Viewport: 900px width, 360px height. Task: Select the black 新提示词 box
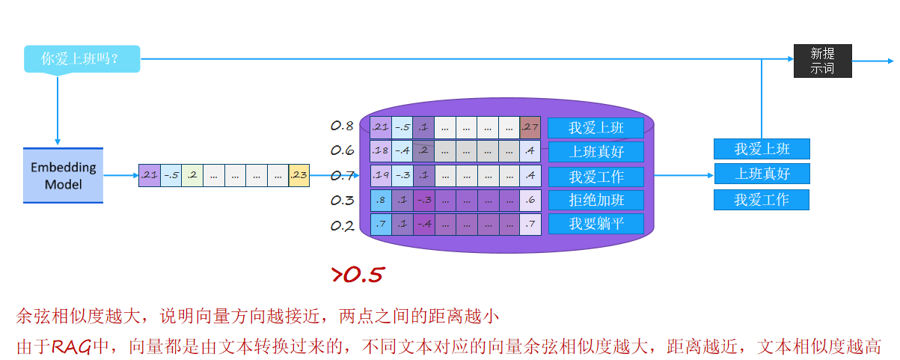point(822,61)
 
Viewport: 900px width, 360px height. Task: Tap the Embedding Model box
point(63,175)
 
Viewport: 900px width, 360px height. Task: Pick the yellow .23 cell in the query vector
point(299,175)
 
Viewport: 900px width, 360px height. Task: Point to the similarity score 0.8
point(342,126)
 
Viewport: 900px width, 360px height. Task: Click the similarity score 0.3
point(342,201)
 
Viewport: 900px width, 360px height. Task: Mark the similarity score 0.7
point(342,176)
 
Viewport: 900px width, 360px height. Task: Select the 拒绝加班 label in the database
point(596,200)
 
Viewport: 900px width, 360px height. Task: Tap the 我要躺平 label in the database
point(596,224)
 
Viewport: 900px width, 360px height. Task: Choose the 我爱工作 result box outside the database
point(762,200)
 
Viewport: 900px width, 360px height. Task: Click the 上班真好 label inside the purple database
point(596,152)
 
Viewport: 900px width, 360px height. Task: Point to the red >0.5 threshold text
point(358,275)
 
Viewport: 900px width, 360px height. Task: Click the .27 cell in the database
point(530,127)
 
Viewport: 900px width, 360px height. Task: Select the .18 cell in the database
point(381,152)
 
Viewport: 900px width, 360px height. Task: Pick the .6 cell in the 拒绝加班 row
point(530,200)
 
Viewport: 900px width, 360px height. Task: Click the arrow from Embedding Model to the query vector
point(120,175)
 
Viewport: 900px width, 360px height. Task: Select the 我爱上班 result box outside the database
point(762,149)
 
